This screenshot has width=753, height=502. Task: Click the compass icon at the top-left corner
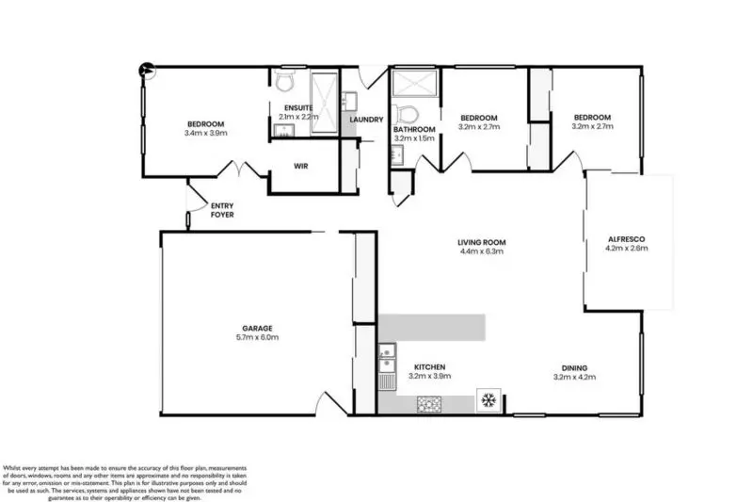[x=146, y=68]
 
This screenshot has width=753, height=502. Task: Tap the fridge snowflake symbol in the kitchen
[x=488, y=401]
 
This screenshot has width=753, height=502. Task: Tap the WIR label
[x=301, y=166]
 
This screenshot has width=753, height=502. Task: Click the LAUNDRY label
[x=365, y=120]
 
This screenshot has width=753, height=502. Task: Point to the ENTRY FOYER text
[x=222, y=210]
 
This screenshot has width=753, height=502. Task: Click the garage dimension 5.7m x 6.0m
[x=256, y=337]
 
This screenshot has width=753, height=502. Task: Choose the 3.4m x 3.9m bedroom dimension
[x=205, y=134]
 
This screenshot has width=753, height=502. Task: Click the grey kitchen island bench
[x=433, y=328]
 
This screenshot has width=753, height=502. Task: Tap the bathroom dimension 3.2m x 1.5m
[x=414, y=138]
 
